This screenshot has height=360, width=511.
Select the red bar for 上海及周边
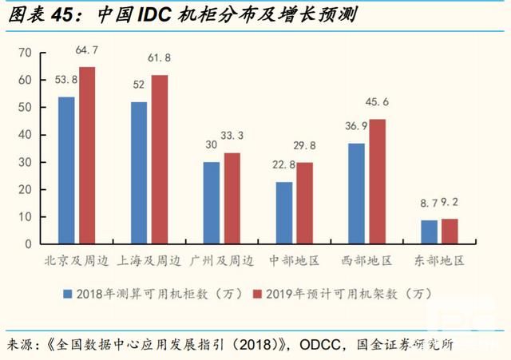(159, 159)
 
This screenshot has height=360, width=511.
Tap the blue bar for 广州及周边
(212, 203)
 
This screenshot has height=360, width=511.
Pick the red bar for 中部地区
(304, 203)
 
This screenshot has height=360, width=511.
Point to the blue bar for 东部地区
(430, 231)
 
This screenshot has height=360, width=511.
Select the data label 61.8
(160, 59)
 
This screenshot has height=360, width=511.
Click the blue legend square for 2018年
(69, 293)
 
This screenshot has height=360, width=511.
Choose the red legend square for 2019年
(257, 293)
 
